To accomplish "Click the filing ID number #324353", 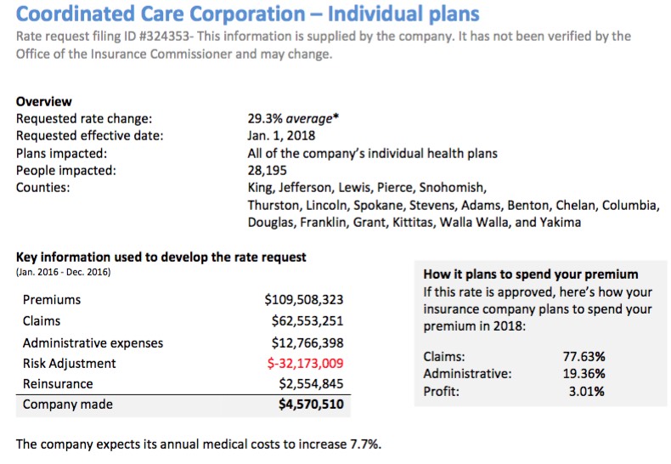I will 165,37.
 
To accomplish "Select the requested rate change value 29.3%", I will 265,120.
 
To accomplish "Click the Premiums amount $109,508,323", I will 304,300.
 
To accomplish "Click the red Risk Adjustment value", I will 305,364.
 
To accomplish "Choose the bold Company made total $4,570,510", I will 311,405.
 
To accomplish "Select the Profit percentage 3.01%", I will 587,392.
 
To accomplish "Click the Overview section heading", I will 44,102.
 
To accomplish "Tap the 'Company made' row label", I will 62,405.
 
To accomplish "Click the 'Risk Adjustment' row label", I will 70,364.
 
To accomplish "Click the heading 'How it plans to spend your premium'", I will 530,274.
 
